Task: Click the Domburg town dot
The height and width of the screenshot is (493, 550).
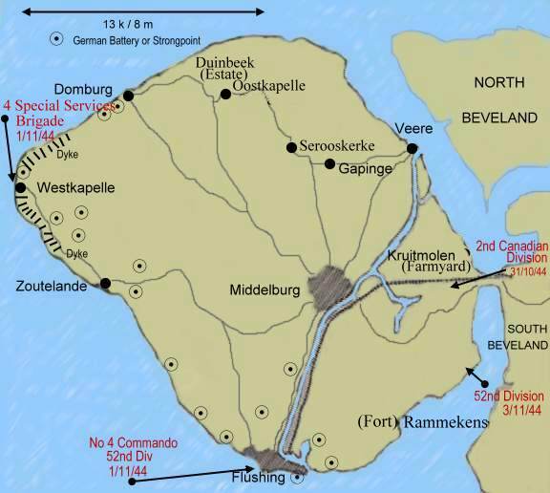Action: [126, 95]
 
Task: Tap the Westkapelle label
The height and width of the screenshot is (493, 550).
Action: [75, 188]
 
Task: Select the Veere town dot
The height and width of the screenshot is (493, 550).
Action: [412, 148]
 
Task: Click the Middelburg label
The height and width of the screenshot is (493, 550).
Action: [266, 289]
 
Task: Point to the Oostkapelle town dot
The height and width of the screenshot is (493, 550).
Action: [225, 94]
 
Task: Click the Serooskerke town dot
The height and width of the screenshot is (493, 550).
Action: [290, 147]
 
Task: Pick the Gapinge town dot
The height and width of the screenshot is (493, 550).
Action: [329, 164]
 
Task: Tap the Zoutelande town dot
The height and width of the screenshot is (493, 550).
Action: [105, 283]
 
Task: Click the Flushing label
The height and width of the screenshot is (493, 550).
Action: [258, 477]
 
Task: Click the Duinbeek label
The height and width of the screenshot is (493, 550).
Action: [225, 63]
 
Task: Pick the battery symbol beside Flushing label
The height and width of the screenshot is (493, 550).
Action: [297, 478]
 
